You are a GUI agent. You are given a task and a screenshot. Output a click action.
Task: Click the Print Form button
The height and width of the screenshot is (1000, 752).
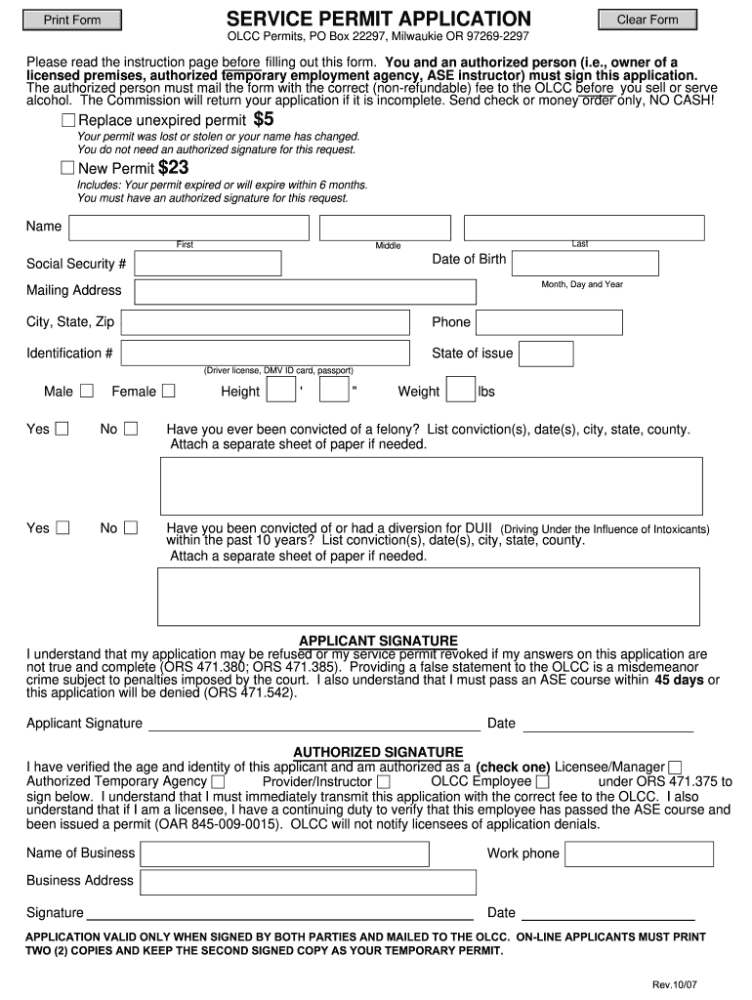pos(72,20)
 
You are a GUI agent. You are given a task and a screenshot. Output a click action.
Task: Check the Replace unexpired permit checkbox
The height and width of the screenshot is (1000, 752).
pos(68,120)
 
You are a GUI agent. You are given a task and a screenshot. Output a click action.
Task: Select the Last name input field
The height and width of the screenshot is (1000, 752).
pos(583,228)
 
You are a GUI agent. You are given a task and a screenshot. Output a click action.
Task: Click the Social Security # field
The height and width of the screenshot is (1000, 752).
pos(207,264)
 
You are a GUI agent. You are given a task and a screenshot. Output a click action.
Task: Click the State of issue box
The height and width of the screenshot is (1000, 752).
pos(542,354)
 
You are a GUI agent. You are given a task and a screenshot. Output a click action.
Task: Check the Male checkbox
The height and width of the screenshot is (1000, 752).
pos(87,392)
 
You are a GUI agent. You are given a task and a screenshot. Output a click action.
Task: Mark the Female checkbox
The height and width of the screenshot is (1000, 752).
pos(169,392)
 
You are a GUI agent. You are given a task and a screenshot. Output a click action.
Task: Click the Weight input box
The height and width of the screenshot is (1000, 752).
pos(459,392)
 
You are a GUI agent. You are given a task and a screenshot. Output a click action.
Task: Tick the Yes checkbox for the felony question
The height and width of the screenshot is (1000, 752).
pos(63,429)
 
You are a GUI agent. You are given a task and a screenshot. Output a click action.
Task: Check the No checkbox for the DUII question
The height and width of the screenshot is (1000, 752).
pos(131,528)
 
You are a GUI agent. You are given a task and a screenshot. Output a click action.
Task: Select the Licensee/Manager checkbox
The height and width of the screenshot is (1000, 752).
pos(675,768)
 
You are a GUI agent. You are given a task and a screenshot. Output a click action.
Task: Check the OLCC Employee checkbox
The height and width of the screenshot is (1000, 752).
pos(543,782)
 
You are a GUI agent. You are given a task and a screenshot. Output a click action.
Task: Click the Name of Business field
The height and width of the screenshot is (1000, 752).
pos(284,854)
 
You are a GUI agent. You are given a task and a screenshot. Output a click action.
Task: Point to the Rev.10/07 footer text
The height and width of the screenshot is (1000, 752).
pos(676,983)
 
